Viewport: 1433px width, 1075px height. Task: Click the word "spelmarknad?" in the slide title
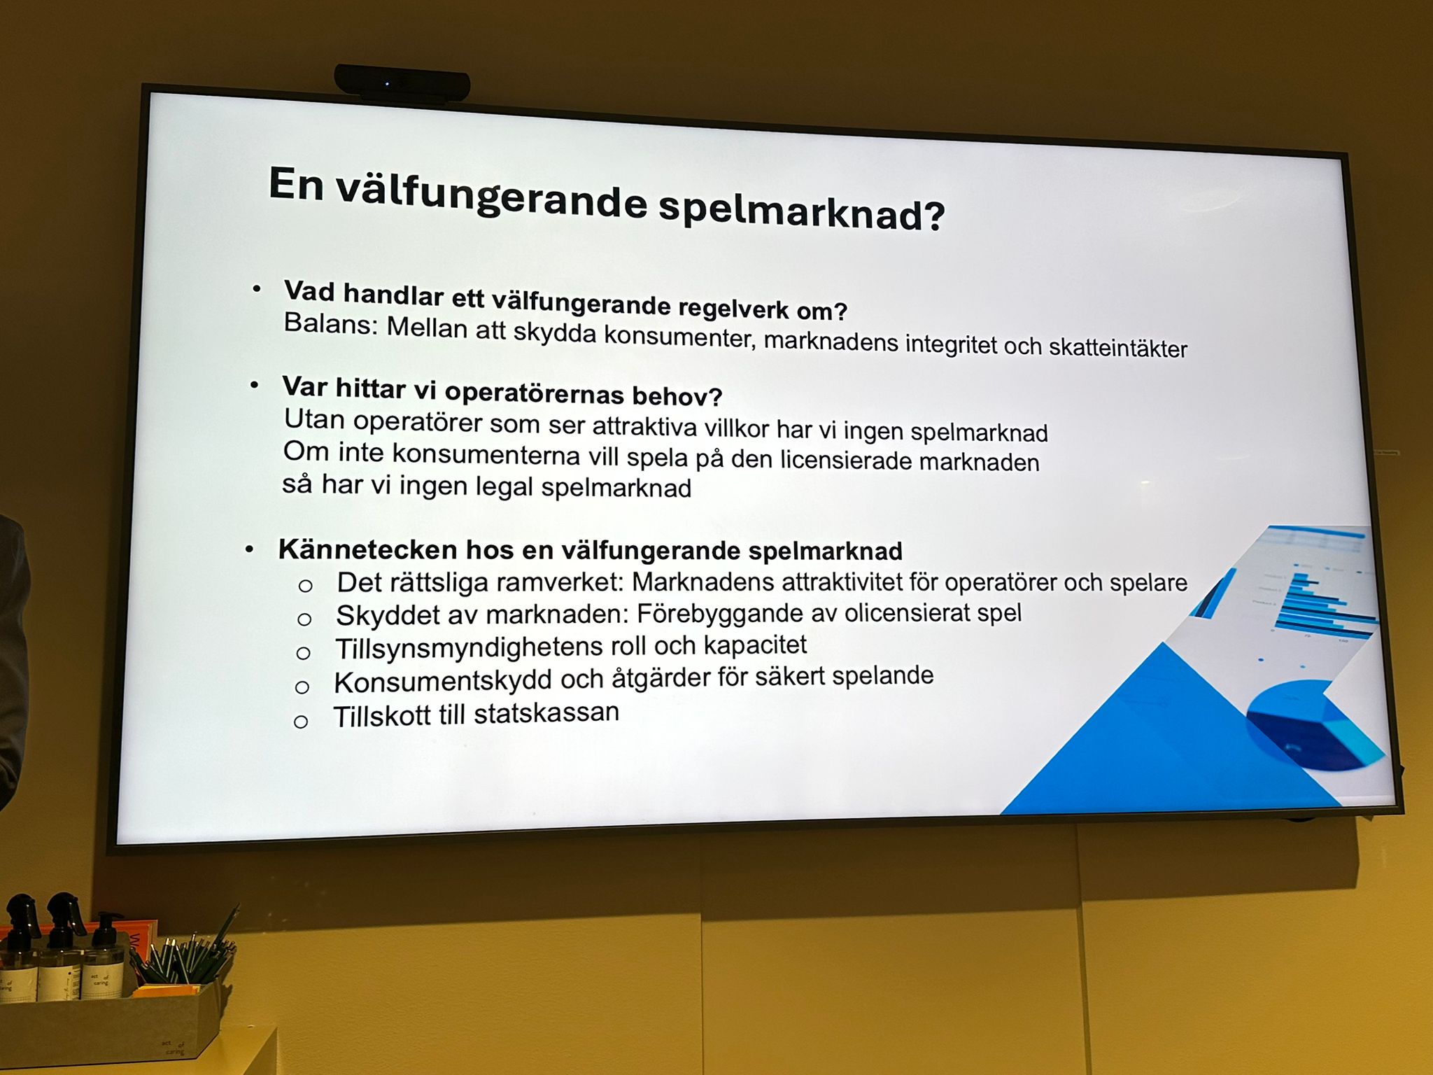point(801,209)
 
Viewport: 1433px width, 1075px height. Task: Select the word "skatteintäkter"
point(1117,348)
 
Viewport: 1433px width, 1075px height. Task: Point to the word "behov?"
point(677,396)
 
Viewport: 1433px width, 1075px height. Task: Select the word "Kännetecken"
point(368,549)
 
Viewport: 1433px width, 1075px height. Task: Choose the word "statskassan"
point(546,713)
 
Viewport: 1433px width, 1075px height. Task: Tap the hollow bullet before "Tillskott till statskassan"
point(301,722)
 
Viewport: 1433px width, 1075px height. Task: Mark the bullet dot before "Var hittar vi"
point(255,386)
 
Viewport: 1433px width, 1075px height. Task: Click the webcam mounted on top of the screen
point(402,83)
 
